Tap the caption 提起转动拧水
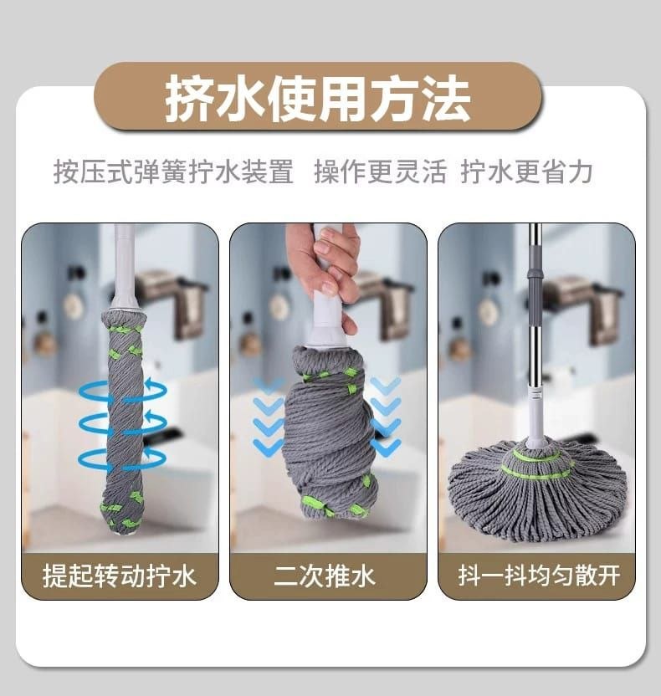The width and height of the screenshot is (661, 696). [x=120, y=576]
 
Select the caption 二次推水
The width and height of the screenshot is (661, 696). [x=325, y=576]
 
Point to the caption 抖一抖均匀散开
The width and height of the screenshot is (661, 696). [x=539, y=576]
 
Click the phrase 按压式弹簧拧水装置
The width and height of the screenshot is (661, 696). [x=173, y=171]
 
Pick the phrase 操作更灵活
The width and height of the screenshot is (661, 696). [x=380, y=171]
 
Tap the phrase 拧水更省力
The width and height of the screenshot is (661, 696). [x=526, y=171]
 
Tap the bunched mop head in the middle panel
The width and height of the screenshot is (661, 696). [x=330, y=431]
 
